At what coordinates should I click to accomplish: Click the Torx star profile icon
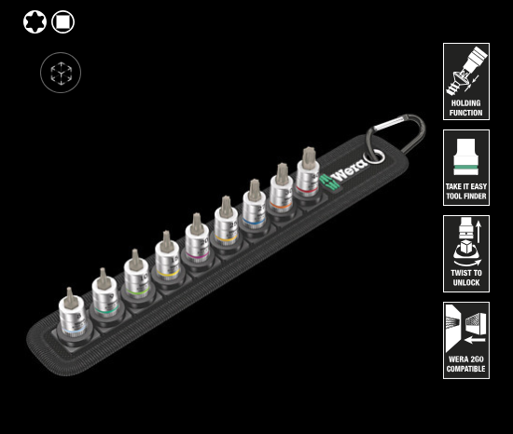[x=35, y=21]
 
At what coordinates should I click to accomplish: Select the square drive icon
[x=62, y=21]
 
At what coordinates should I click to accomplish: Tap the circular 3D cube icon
[x=61, y=73]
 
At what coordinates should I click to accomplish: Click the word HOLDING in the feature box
[x=465, y=103]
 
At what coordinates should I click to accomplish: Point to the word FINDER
[x=475, y=196]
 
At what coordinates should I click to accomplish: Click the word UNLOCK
[x=466, y=282]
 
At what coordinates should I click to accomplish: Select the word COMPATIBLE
[x=465, y=369]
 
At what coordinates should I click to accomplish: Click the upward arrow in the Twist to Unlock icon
[x=478, y=232]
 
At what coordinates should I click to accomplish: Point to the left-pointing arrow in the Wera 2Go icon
[x=475, y=340]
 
